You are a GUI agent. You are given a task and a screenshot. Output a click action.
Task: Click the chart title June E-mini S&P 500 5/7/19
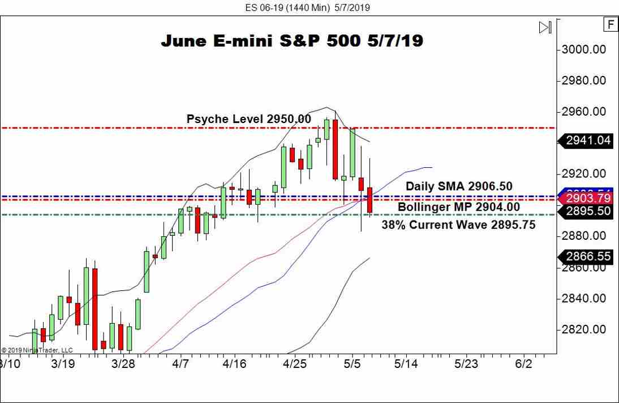click(x=292, y=41)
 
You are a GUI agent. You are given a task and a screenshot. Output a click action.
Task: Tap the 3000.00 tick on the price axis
click(x=584, y=49)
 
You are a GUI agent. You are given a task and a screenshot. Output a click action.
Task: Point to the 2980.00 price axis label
click(x=584, y=80)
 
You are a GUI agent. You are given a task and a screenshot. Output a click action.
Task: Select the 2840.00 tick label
click(x=584, y=298)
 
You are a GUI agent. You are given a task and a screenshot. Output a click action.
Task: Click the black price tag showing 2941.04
click(x=587, y=141)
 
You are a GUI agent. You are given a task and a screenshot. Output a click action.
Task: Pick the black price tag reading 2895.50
click(x=587, y=211)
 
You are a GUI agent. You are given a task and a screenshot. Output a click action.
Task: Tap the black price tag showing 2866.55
click(x=587, y=256)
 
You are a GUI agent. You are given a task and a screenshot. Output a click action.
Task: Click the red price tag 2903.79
click(x=587, y=198)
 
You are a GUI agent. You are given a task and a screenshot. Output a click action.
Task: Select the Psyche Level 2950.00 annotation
click(x=248, y=119)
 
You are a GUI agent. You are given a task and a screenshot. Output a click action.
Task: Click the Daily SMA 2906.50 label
click(x=459, y=186)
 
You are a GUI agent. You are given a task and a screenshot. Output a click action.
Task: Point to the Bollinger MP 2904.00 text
click(x=458, y=207)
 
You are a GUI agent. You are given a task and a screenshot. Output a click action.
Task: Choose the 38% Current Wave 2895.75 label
click(x=458, y=224)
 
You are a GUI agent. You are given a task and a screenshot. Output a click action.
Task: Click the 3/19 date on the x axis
click(x=63, y=364)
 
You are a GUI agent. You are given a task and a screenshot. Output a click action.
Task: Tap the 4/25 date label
click(x=294, y=364)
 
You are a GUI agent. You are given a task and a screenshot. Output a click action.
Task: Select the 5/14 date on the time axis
click(x=406, y=364)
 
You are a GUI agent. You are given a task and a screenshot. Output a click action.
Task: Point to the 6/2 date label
click(x=523, y=364)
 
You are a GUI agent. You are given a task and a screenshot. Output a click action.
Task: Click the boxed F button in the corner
click(x=611, y=24)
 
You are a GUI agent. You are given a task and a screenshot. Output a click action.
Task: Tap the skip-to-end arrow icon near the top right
click(x=545, y=27)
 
